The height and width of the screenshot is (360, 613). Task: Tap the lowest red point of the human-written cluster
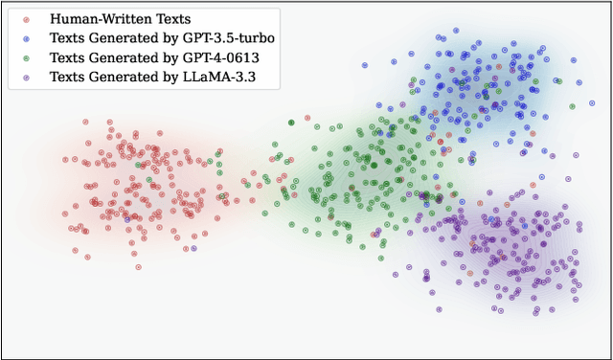[136, 267]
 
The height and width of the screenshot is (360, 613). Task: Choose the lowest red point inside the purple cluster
[472, 274]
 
